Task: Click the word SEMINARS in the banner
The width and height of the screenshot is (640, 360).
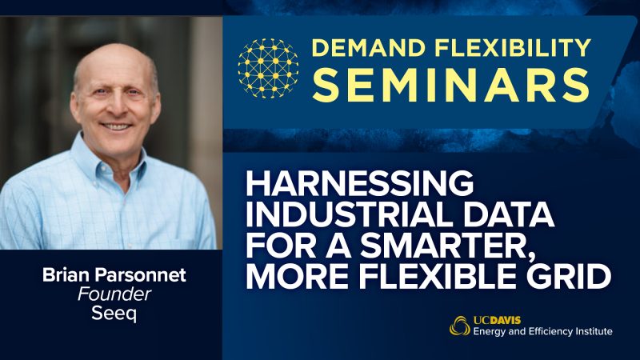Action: (450, 85)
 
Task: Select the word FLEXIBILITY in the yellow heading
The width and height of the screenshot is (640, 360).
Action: (513, 48)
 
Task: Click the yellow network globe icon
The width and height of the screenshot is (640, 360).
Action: (268, 68)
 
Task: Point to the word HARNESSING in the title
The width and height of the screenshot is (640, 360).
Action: (359, 183)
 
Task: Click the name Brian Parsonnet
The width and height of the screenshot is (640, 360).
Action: (114, 275)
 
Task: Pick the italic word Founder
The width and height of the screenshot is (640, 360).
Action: (114, 294)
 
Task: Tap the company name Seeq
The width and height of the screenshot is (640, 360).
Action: (114, 314)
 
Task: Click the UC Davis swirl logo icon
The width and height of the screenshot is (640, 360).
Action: (459, 326)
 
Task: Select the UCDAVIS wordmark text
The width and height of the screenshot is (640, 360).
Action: (497, 320)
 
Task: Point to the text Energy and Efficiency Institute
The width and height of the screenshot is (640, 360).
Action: (543, 331)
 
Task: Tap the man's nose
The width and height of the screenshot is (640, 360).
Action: (115, 107)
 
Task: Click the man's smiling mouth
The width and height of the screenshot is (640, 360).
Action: (115, 126)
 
